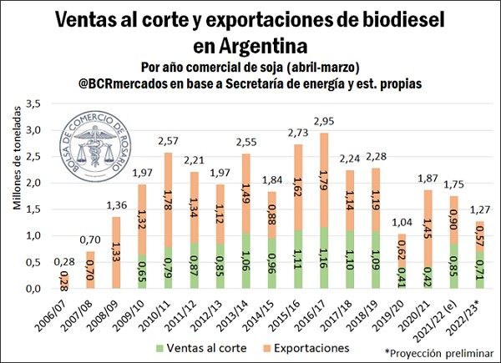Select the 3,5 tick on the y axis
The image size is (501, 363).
(33, 103)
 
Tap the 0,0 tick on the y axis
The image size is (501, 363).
(33, 289)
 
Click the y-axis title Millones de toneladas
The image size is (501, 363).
(16, 195)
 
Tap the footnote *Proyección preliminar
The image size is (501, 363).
(439, 354)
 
